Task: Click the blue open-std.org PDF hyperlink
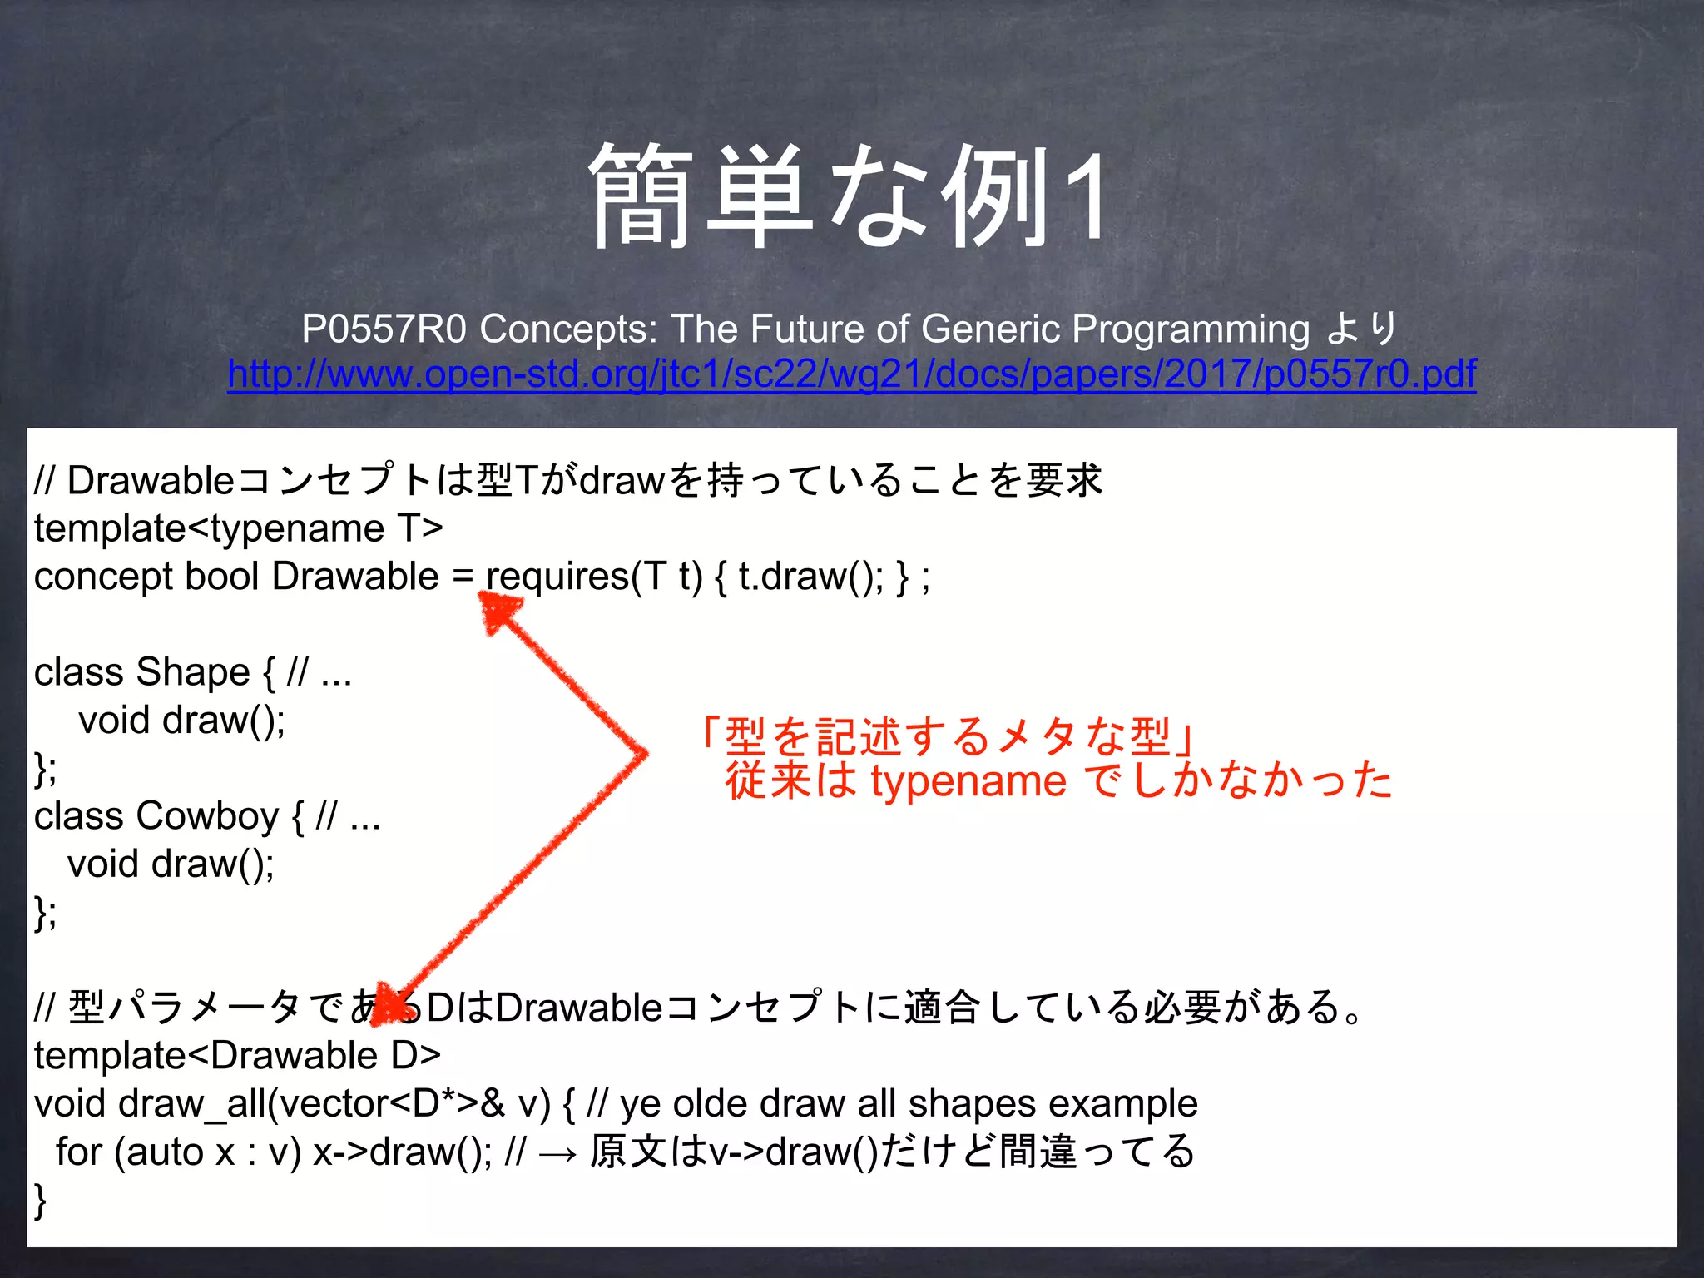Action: pyautogui.click(x=851, y=374)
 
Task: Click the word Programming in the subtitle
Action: pyautogui.click(x=1190, y=329)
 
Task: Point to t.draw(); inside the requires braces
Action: pyautogui.click(x=811, y=577)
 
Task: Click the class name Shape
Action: pyautogui.click(x=192, y=672)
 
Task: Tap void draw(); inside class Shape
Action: pyautogui.click(x=181, y=721)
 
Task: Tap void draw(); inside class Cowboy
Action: pyautogui.click(x=171, y=864)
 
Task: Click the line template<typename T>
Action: pyautogui.click(x=238, y=528)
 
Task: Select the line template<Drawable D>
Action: pyautogui.click(x=237, y=1056)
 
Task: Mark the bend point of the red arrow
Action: pyautogui.click(x=642, y=754)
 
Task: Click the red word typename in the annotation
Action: pyautogui.click(x=968, y=781)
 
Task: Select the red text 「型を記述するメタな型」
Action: pyautogui.click(x=949, y=736)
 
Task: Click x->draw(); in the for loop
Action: pyautogui.click(x=402, y=1152)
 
